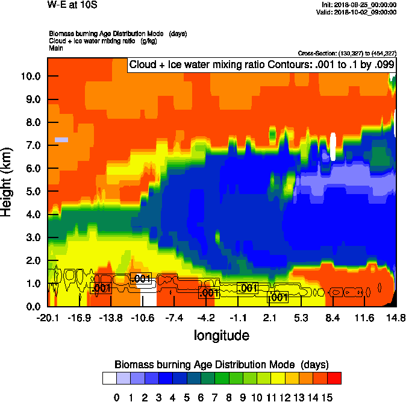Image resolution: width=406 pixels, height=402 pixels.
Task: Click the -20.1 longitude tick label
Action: pyautogui.click(x=48, y=318)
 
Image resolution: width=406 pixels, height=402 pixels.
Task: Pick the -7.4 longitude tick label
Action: pyautogui.click(x=175, y=318)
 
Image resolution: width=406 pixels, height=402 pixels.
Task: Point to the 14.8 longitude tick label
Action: pyautogui.click(x=395, y=318)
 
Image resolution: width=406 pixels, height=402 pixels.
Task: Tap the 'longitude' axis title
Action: pyautogui.click(x=221, y=334)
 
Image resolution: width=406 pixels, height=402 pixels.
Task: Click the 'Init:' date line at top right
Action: pyautogui.click(x=359, y=5)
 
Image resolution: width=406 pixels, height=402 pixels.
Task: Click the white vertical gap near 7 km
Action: pyautogui.click(x=333, y=146)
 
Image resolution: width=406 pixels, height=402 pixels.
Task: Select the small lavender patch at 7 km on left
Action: pyautogui.click(x=61, y=140)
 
